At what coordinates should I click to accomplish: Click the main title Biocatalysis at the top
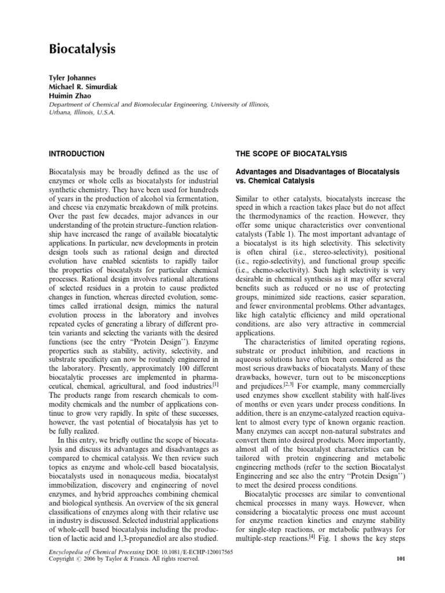(82, 49)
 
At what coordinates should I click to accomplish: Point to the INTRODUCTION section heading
(76, 153)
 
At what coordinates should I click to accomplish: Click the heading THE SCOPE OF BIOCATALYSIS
(290, 153)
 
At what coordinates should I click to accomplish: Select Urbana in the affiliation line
(60, 112)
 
